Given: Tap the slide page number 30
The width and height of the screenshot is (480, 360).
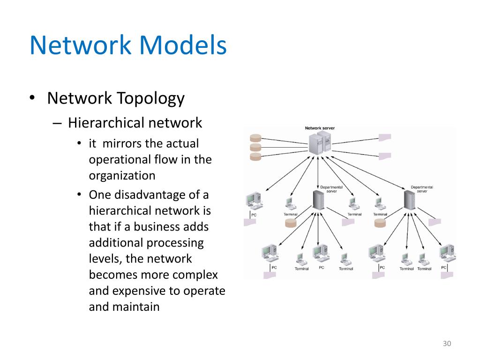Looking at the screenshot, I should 446,344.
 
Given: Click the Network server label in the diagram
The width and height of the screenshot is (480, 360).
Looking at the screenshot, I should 320,128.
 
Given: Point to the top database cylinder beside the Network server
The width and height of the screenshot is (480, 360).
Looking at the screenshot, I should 255,138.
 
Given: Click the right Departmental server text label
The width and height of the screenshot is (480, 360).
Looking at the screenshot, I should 421,189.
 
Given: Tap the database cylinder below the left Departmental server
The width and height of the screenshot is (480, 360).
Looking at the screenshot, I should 291,223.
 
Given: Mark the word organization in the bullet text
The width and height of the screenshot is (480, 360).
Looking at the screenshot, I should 122,175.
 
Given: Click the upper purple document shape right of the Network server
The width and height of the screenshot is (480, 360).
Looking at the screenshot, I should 385,137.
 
